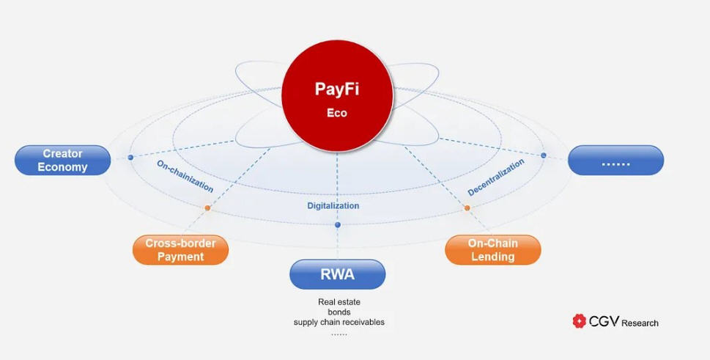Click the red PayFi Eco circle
click(337, 95)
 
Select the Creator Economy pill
click(62, 161)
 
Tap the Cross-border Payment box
click(181, 250)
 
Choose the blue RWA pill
click(337, 274)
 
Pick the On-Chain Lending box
click(493, 250)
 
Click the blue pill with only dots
click(615, 161)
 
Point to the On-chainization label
click(185, 176)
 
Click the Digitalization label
click(333, 206)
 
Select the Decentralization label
click(496, 177)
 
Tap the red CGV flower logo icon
click(579, 321)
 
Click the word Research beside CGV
click(640, 323)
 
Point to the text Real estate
click(339, 301)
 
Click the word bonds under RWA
click(339, 312)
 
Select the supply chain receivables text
click(339, 323)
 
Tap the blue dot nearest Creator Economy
click(130, 158)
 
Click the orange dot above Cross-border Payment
click(207, 208)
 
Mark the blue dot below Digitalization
click(337, 225)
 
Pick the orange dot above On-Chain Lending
click(467, 208)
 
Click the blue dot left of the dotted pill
click(544, 155)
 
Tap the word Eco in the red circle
click(337, 113)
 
